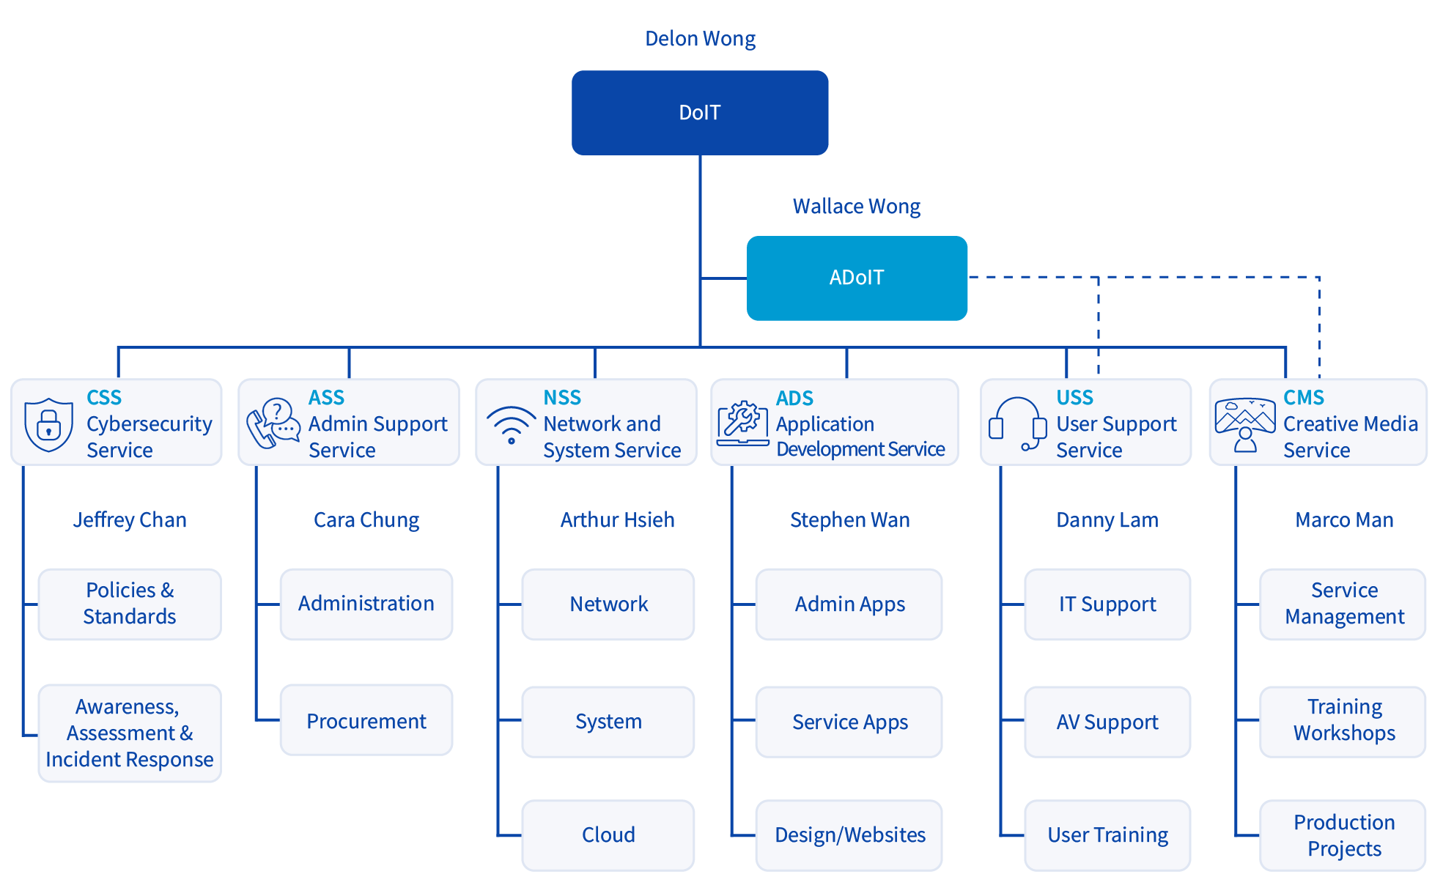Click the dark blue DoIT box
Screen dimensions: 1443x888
tap(700, 113)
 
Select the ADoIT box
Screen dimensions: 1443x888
tap(857, 278)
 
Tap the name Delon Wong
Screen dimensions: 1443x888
tap(700, 39)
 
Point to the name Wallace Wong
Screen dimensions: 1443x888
tap(857, 207)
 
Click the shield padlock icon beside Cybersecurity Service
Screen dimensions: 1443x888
tap(48, 425)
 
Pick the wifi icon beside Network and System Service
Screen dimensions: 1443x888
tap(512, 425)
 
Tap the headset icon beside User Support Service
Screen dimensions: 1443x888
tap(1017, 424)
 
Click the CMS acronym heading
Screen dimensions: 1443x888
tap(1304, 398)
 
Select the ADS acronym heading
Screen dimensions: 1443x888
tap(794, 399)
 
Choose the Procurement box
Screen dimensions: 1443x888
tap(366, 720)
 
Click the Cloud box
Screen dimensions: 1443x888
tap(608, 835)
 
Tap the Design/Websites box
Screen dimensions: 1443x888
tap(849, 835)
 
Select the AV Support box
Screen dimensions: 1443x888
tap(1107, 722)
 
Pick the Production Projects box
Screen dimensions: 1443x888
tap(1343, 835)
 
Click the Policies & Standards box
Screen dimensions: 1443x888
tap(130, 604)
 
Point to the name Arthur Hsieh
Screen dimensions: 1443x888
tap(618, 520)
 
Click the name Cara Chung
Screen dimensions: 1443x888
tap(366, 520)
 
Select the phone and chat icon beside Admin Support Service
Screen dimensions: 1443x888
tap(273, 423)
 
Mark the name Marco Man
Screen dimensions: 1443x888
tap(1344, 520)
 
